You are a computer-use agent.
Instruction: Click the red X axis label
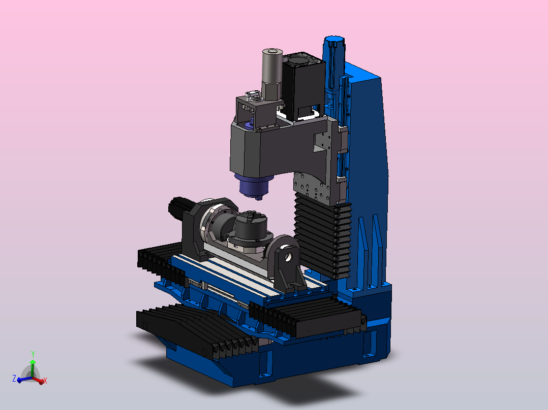45,381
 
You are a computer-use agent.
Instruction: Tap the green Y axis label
33,354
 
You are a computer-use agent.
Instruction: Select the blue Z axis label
14,378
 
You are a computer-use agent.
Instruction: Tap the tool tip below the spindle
259,198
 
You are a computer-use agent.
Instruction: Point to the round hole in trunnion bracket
288,257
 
